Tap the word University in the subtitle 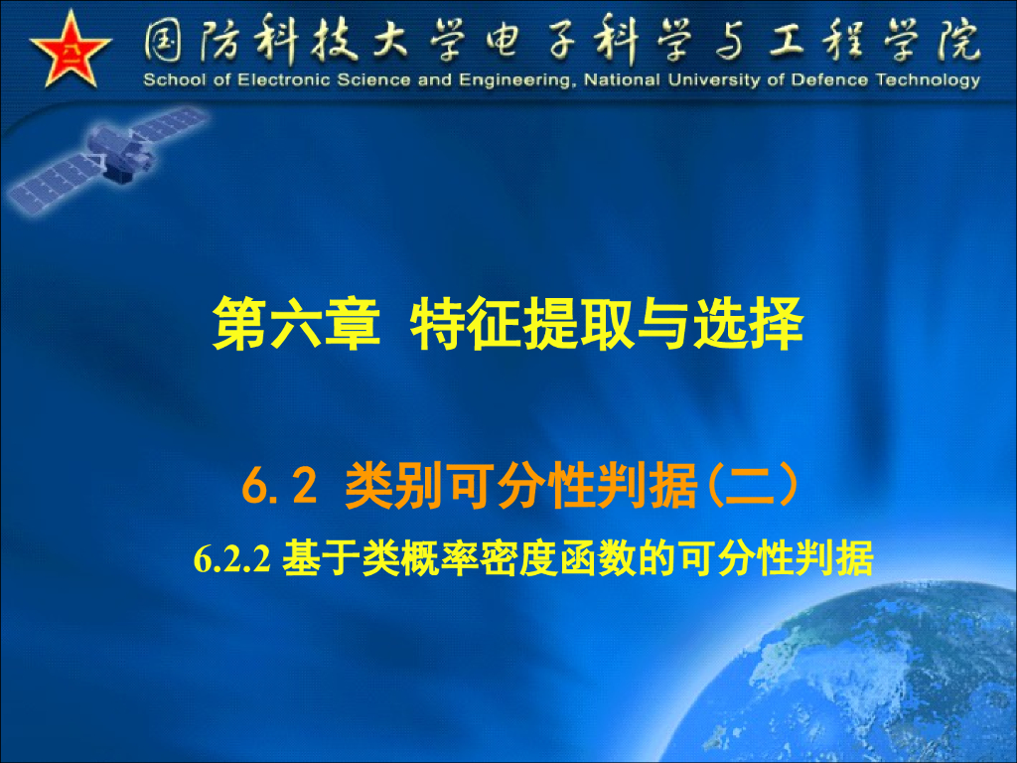pyautogui.click(x=712, y=80)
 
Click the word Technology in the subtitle pyautogui.click(x=928, y=80)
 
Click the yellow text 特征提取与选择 pyautogui.click(x=607, y=325)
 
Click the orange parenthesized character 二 pyautogui.click(x=752, y=488)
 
